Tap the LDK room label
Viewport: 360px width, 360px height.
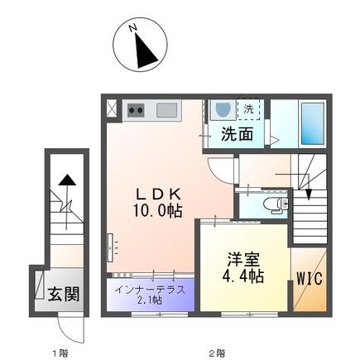click(156, 193)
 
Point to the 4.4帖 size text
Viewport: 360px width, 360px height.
click(243, 275)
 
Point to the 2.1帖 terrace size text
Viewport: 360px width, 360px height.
click(149, 300)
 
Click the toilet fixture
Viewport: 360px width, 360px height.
click(271, 203)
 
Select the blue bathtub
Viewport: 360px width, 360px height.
click(313, 124)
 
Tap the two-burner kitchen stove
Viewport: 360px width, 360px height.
click(135, 110)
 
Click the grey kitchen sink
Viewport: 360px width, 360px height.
click(166, 110)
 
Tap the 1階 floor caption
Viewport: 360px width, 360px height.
click(60, 353)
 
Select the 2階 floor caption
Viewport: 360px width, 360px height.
click(216, 353)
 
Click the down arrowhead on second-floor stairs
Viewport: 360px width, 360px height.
click(308, 196)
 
